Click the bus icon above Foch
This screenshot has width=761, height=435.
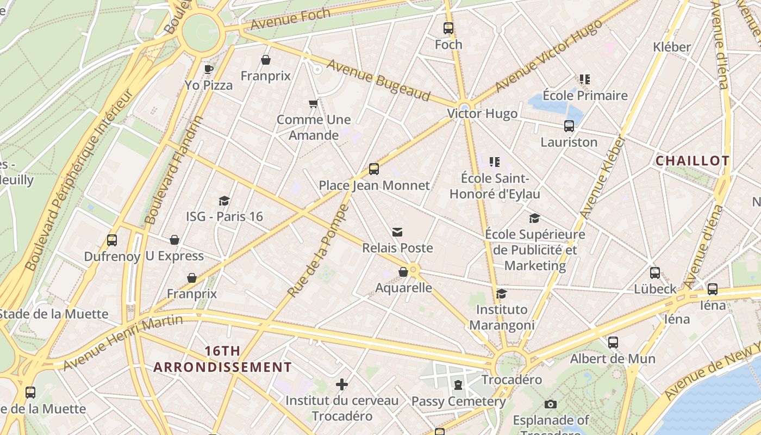pos(448,28)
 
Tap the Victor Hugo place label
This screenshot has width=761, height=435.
pos(482,114)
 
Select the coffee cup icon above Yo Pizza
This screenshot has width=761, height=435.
pos(209,69)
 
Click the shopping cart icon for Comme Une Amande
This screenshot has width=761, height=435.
pos(313,103)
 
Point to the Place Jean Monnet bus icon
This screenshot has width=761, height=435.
pos(374,169)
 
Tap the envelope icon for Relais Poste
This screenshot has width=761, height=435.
pos(398,233)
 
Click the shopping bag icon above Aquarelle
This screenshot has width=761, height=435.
pos(403,272)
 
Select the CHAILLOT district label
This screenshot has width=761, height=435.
pos(692,161)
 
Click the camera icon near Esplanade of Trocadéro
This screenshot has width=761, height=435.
pos(551,405)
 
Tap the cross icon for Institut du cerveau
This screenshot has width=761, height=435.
pos(342,385)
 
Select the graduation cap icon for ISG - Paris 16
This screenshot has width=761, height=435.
pos(224,201)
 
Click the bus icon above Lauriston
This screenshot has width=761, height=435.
pos(569,126)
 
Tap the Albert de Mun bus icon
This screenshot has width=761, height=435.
pos(613,343)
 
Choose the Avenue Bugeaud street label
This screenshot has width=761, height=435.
pos(378,80)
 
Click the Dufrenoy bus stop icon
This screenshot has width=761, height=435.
pos(112,240)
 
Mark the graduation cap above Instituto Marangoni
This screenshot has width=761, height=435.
pos(502,294)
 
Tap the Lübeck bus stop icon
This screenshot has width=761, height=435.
pos(655,273)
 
